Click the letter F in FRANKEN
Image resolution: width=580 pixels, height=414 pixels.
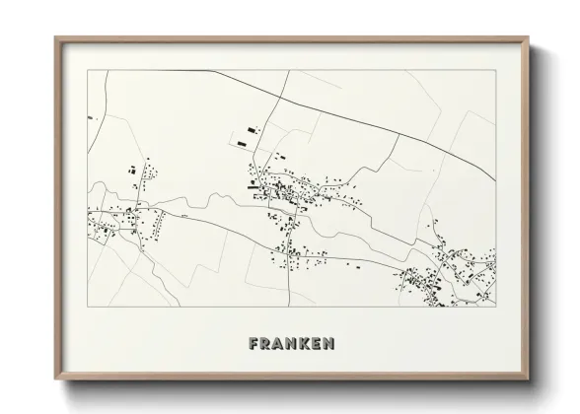(x=254, y=344)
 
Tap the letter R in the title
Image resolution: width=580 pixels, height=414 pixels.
(x=267, y=344)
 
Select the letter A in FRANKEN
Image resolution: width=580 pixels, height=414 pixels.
(x=280, y=344)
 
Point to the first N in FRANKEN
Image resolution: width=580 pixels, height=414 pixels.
(x=293, y=344)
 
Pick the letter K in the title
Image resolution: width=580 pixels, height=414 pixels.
(x=306, y=344)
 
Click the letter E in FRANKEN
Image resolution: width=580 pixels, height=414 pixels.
(x=318, y=344)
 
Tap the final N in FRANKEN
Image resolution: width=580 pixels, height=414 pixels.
(x=329, y=344)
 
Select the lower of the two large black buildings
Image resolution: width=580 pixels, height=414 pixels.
(x=241, y=144)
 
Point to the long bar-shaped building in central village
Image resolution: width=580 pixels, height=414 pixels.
(x=258, y=183)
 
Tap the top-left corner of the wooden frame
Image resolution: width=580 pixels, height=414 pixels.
(x=55, y=38)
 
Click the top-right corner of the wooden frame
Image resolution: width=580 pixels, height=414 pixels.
(x=530, y=38)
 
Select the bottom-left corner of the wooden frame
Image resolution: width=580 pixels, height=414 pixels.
(x=55, y=380)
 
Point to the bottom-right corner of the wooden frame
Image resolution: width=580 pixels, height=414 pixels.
(x=530, y=380)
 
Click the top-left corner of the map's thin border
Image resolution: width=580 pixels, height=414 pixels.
(x=89, y=70)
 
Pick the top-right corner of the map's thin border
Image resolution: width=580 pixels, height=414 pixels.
(x=496, y=70)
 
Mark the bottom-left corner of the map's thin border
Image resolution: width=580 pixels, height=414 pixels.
(x=89, y=306)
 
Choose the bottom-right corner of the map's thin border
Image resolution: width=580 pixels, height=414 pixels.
(x=496, y=306)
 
